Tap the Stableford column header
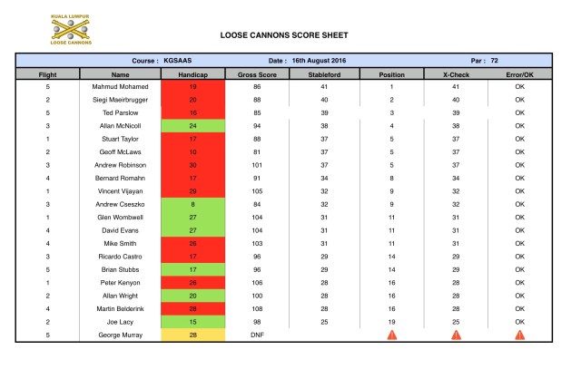323,73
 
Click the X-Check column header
455,73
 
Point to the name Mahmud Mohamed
121,86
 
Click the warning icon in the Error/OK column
519,335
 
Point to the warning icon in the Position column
391,335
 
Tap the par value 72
495,60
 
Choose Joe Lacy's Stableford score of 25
323,322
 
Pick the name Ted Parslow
121,112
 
